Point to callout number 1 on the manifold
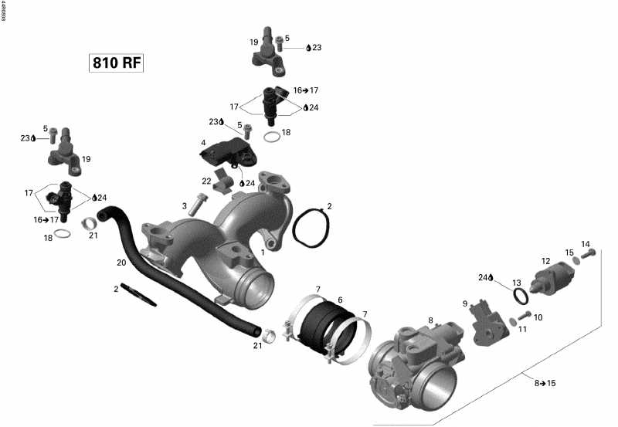(263, 252)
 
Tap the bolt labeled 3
(198, 205)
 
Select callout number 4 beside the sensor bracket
(203, 143)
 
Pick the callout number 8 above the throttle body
(430, 320)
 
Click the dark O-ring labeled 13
(522, 297)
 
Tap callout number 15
(569, 252)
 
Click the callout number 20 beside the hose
(121, 263)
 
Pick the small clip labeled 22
(222, 186)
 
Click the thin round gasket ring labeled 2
(312, 225)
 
